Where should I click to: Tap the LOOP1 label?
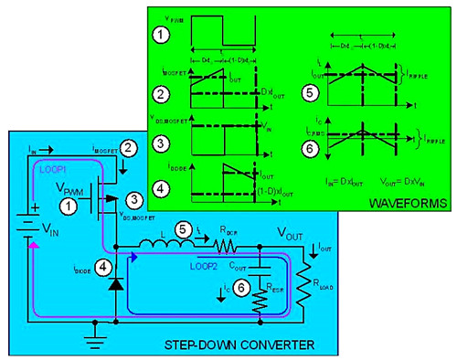51,169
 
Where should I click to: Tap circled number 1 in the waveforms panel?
161,36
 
